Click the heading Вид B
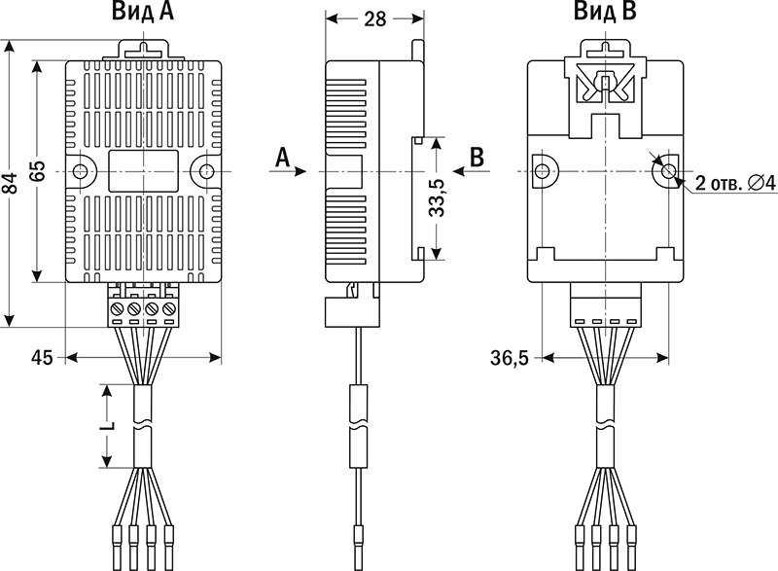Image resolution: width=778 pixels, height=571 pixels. coord(605,14)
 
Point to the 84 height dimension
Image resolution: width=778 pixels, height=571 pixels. coord(11,184)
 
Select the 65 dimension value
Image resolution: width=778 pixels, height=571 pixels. coord(38,171)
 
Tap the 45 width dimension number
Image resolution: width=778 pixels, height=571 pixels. coord(41,358)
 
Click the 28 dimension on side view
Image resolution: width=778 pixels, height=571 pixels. coord(374,18)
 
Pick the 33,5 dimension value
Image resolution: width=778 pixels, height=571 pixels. coord(437,198)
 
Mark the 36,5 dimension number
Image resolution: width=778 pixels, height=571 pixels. coord(509,359)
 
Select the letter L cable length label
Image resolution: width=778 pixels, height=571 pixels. coord(108,425)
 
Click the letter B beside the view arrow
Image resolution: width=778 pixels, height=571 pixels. coord(477,156)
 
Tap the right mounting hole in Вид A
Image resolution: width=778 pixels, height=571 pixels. coord(205,171)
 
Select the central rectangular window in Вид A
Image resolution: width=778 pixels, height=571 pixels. coord(143,170)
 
